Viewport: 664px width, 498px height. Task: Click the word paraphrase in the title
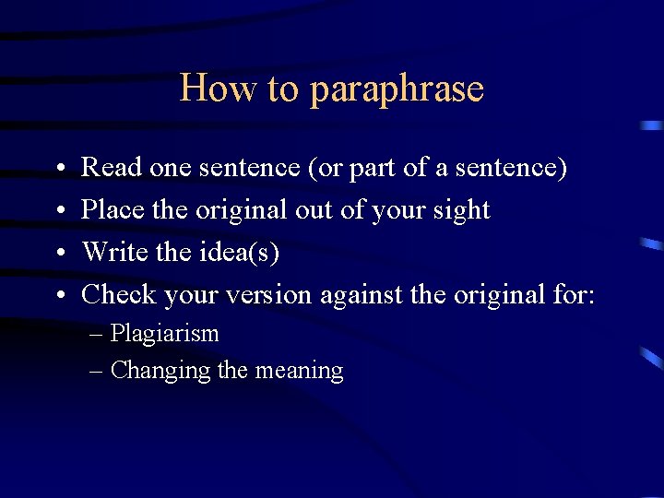click(397, 89)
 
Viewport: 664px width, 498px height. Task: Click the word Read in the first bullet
click(112, 167)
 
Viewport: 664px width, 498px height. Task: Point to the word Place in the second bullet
click(113, 209)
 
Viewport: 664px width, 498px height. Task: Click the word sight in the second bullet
click(459, 210)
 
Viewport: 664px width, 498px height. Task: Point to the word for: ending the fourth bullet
click(575, 294)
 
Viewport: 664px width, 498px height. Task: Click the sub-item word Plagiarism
click(164, 334)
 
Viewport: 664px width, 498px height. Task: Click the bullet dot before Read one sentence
click(58, 169)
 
